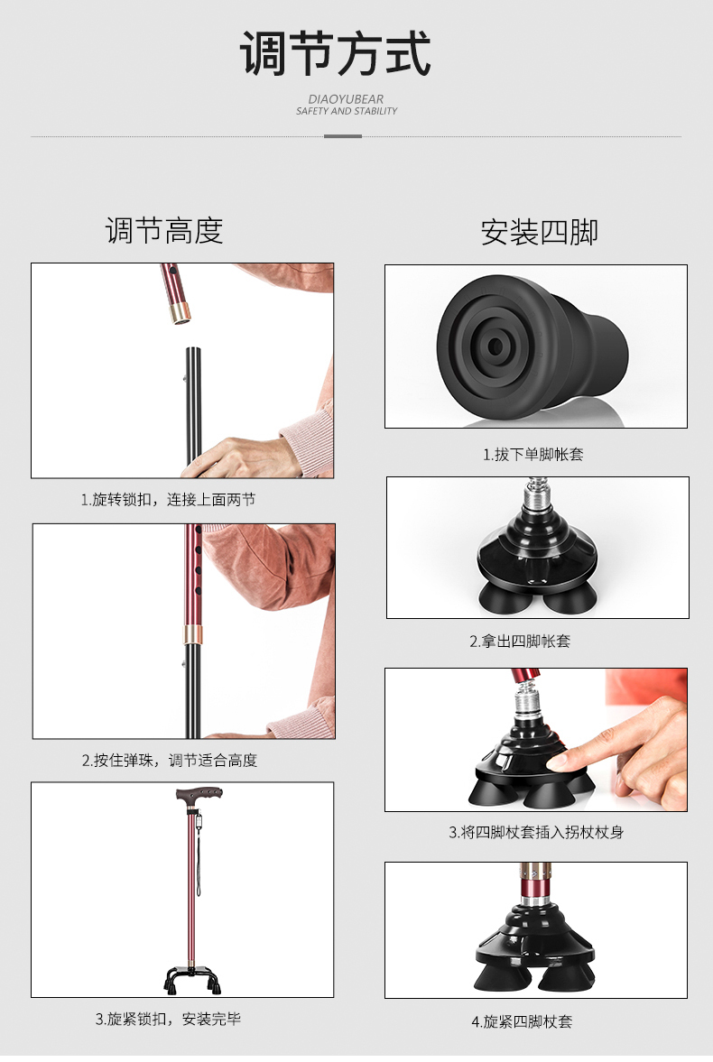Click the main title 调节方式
tap(336, 53)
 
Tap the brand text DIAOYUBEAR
tap(346, 99)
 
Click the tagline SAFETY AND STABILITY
tap(347, 111)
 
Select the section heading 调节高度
tap(164, 231)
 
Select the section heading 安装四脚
tap(540, 232)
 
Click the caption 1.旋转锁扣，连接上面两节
tap(168, 500)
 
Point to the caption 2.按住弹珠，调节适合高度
tap(170, 761)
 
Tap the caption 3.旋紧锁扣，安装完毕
tap(168, 1019)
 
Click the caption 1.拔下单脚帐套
tap(532, 455)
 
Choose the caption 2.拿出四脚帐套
tap(520, 641)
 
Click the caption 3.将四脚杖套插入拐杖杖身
tap(536, 833)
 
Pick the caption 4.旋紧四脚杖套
tap(522, 1021)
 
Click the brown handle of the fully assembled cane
tap(199, 794)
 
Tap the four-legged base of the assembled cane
tap(192, 977)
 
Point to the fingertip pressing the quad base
tap(558, 762)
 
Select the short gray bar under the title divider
tap(343, 136)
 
